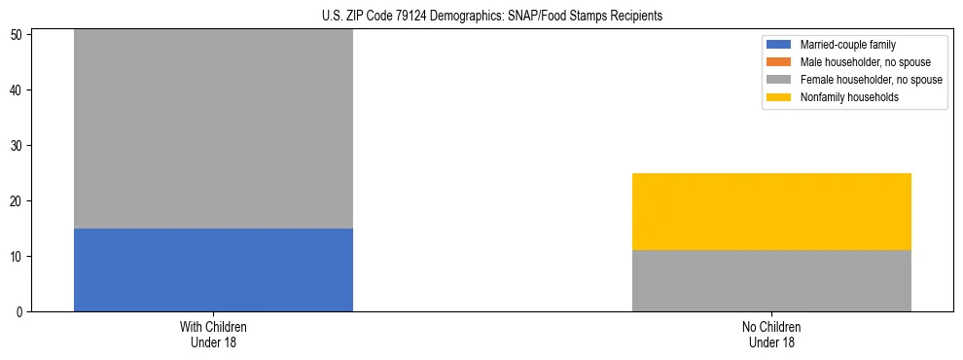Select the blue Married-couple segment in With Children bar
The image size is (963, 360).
click(x=213, y=270)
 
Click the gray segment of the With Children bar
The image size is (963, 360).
click(x=213, y=128)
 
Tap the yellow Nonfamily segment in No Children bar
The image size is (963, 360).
click(x=771, y=211)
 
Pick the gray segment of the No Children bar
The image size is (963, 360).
click(x=771, y=280)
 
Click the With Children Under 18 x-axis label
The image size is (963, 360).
click(x=213, y=334)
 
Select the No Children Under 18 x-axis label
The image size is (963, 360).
click(x=771, y=334)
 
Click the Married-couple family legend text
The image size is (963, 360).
click(x=847, y=45)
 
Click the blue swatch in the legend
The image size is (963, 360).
click(x=779, y=45)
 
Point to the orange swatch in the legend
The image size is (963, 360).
click(x=779, y=62)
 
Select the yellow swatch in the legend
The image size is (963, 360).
click(x=779, y=97)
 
